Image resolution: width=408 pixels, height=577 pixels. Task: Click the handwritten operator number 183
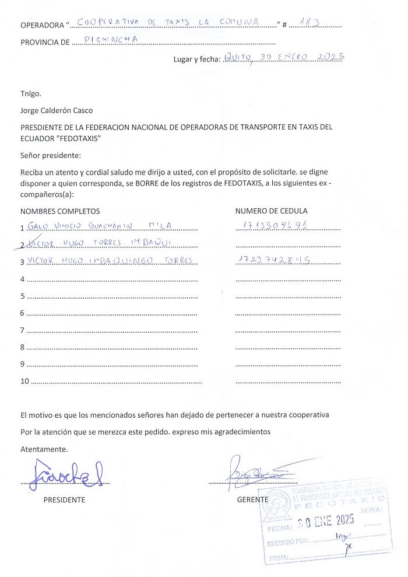[x=309, y=23]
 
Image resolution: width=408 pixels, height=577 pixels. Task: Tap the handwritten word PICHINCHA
[x=111, y=40]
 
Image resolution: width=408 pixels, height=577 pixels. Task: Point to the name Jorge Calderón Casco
[x=57, y=110]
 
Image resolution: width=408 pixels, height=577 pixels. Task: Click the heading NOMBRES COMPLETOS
[x=60, y=211]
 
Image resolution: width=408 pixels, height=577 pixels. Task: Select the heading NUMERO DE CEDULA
[x=271, y=211]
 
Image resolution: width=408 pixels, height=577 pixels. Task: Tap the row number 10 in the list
[x=24, y=382]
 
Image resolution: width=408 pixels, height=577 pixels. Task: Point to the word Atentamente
[x=44, y=449]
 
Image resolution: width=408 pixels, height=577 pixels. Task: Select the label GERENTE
[x=252, y=500]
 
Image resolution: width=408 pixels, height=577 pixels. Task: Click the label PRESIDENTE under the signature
[x=64, y=500]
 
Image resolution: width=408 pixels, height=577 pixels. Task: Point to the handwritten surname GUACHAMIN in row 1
[x=112, y=226]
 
